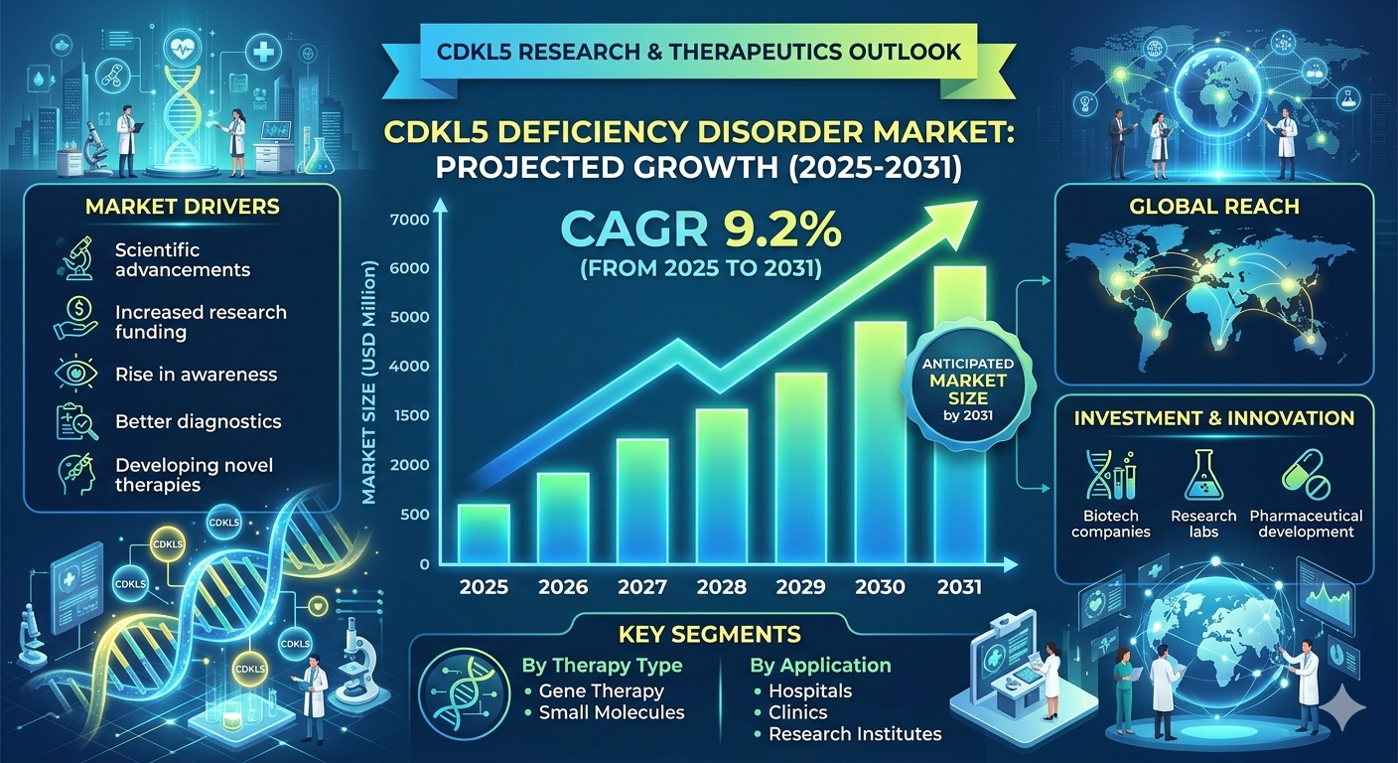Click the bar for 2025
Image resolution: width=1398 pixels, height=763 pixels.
[x=483, y=534]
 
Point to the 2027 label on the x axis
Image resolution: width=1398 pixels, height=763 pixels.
[x=641, y=587]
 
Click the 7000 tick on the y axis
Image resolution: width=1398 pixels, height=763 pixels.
[x=410, y=220]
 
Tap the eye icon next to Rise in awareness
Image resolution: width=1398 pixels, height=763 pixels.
[x=75, y=375]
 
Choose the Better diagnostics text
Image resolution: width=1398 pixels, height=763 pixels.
[x=198, y=421]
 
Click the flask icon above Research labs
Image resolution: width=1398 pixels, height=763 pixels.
[x=1203, y=474]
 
